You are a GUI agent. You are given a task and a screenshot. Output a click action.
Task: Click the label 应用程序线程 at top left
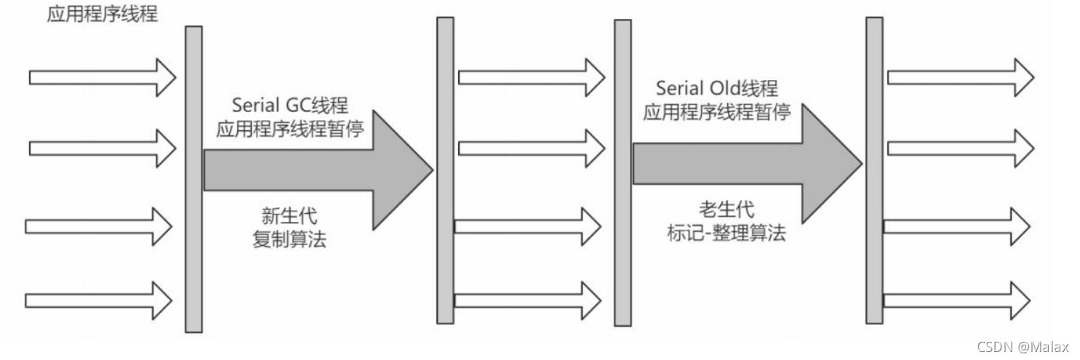pyautogui.click(x=102, y=14)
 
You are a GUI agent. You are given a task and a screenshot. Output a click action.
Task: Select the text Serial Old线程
pyautogui.click(x=717, y=89)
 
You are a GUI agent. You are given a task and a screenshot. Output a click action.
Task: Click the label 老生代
pyautogui.click(x=727, y=210)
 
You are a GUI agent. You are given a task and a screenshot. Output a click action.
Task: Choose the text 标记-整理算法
pyautogui.click(x=726, y=234)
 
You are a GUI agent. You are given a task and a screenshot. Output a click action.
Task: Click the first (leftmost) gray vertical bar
pyautogui.click(x=193, y=178)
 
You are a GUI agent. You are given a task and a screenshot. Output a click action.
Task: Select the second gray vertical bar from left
pyautogui.click(x=445, y=170)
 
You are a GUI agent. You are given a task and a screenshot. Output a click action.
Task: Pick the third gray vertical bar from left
pyautogui.click(x=623, y=172)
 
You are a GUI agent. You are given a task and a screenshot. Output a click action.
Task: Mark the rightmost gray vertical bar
pyautogui.click(x=874, y=170)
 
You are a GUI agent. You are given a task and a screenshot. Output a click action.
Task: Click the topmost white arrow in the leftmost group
pyautogui.click(x=102, y=76)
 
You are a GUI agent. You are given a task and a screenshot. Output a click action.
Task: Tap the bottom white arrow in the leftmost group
pyautogui.click(x=98, y=299)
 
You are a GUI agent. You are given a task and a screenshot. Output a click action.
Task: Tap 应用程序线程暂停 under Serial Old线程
pyautogui.click(x=717, y=112)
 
